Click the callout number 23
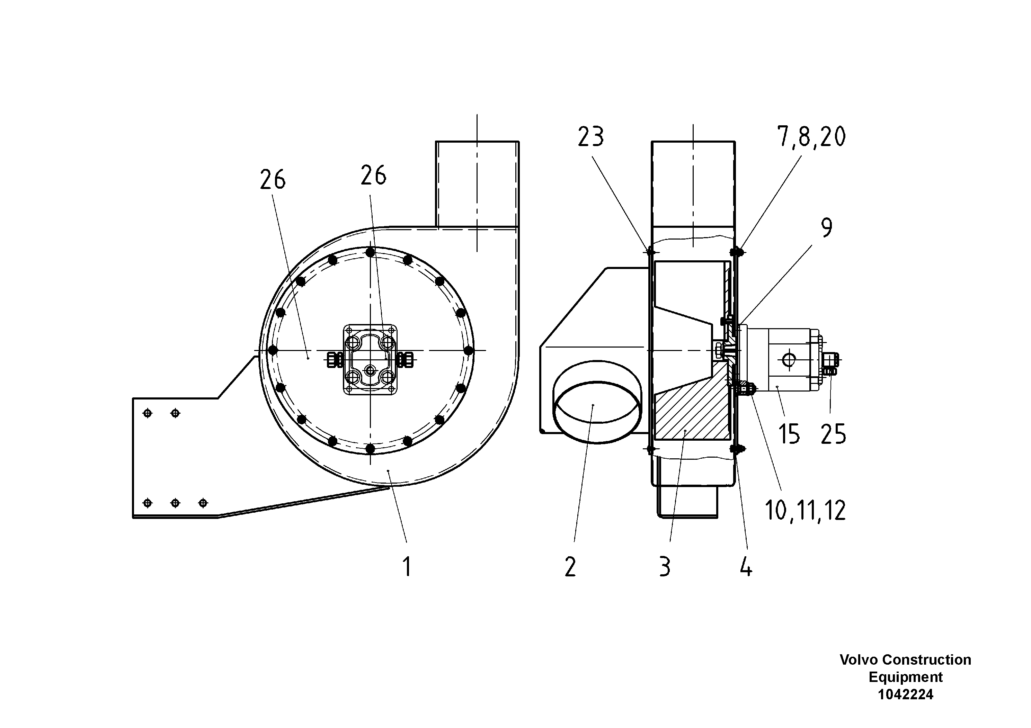(x=590, y=136)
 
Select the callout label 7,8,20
(x=811, y=136)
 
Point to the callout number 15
(x=789, y=434)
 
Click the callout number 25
(x=833, y=434)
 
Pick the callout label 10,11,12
(x=805, y=510)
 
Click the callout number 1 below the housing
(x=407, y=566)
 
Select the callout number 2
(x=570, y=566)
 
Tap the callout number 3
(x=665, y=566)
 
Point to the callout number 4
(x=746, y=566)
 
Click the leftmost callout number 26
(x=273, y=180)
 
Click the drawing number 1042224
(x=905, y=694)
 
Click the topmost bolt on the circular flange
(x=370, y=253)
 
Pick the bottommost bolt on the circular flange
(x=370, y=448)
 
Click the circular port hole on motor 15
(x=789, y=359)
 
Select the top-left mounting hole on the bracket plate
(x=147, y=413)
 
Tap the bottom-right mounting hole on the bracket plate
(x=203, y=503)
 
